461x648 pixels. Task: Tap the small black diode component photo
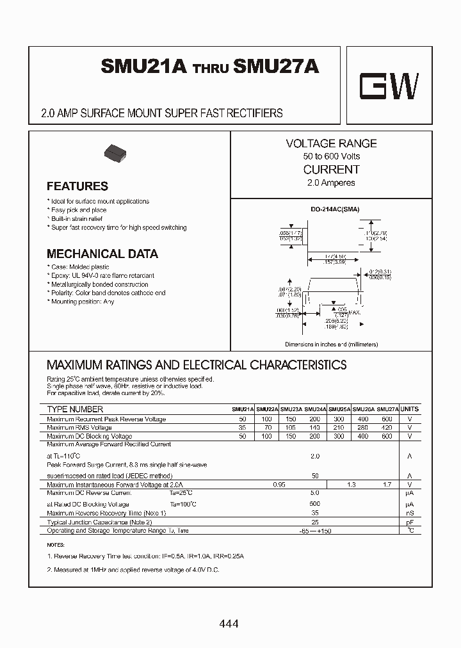116,153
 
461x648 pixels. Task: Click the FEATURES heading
77,186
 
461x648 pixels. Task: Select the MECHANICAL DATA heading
102,254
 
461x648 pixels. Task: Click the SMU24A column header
316,409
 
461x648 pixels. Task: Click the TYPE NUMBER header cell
75,409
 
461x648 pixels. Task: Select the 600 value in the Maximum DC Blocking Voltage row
387,436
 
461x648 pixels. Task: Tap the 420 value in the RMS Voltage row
387,428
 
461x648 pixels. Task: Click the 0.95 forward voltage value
279,485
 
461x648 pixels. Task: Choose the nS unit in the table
410,513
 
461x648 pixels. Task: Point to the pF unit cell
410,522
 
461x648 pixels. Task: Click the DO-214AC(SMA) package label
332,209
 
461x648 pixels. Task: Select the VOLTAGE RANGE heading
331,143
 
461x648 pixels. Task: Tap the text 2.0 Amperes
331,183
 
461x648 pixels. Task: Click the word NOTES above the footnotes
56,544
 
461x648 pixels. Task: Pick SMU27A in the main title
277,67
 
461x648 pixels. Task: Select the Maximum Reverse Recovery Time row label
106,513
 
